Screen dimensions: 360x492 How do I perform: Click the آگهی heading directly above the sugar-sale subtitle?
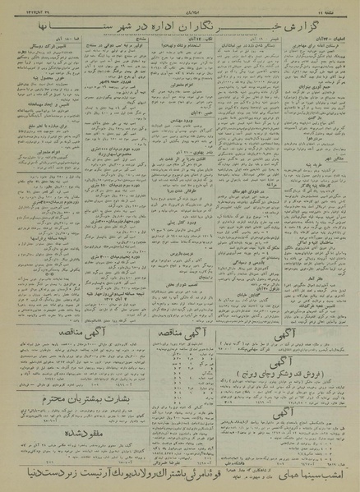coord(283,361)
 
